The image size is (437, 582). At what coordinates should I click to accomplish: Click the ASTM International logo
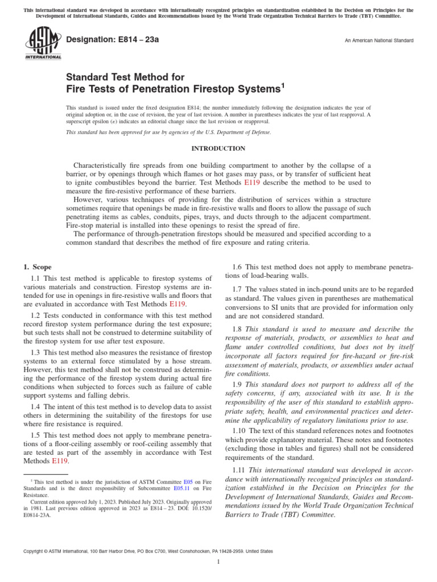point(43,43)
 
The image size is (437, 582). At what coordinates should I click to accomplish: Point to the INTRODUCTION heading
point(218,148)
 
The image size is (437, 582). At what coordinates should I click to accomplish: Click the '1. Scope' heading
point(37,267)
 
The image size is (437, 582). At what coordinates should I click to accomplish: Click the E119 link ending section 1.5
point(60,460)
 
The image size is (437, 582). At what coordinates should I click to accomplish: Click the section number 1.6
point(238,267)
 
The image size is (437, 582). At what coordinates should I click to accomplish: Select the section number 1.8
point(238,329)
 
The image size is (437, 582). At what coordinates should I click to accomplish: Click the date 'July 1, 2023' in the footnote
point(100,502)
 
